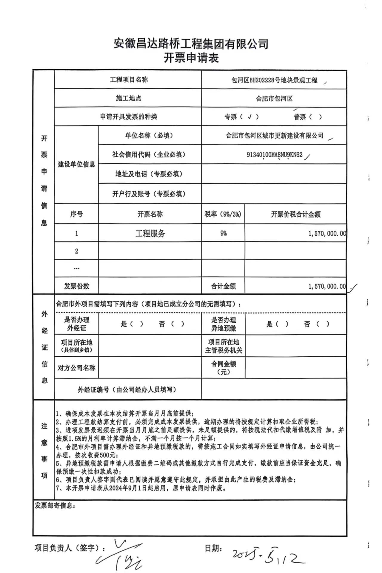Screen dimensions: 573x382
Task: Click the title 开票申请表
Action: (191, 58)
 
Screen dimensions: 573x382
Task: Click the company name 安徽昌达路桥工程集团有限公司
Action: (191, 44)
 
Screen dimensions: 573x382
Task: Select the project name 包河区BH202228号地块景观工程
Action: (274, 80)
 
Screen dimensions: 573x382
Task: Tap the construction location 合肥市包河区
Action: (274, 98)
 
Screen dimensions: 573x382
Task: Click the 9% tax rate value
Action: (223, 233)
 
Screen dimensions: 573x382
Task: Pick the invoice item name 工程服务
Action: (150, 233)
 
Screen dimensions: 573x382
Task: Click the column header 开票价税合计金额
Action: (295, 214)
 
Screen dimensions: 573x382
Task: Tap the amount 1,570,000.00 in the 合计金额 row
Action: (327, 286)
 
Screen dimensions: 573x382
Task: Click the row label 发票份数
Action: (76, 286)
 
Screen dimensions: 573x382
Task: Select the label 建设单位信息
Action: (76, 164)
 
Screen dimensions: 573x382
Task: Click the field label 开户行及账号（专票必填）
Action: (149, 194)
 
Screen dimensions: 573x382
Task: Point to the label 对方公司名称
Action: (76, 368)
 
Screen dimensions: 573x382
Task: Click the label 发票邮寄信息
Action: (55, 506)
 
